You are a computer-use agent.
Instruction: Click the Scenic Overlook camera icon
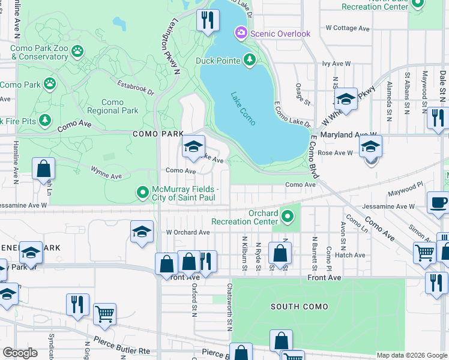pyautogui.click(x=241, y=33)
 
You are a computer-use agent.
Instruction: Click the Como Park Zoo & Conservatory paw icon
pyautogui.click(x=77, y=52)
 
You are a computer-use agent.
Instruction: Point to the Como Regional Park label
pyautogui.click(x=113, y=107)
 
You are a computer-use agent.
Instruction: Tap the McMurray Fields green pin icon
pyautogui.click(x=142, y=193)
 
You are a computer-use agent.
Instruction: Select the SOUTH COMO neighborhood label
pyautogui.click(x=299, y=307)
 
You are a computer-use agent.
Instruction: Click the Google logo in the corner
pyautogui.click(x=20, y=352)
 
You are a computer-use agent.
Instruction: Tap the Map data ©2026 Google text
pyautogui.click(x=412, y=355)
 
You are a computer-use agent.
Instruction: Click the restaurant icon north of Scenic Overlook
pyautogui.click(x=208, y=19)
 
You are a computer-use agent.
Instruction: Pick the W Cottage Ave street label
pyautogui.click(x=348, y=28)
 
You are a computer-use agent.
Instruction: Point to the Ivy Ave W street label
pyautogui.click(x=336, y=63)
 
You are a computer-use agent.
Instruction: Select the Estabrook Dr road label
pyautogui.click(x=136, y=88)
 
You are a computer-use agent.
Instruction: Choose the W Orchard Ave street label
pyautogui.click(x=188, y=232)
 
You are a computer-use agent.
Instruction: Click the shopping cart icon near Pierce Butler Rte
pyautogui.click(x=105, y=313)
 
